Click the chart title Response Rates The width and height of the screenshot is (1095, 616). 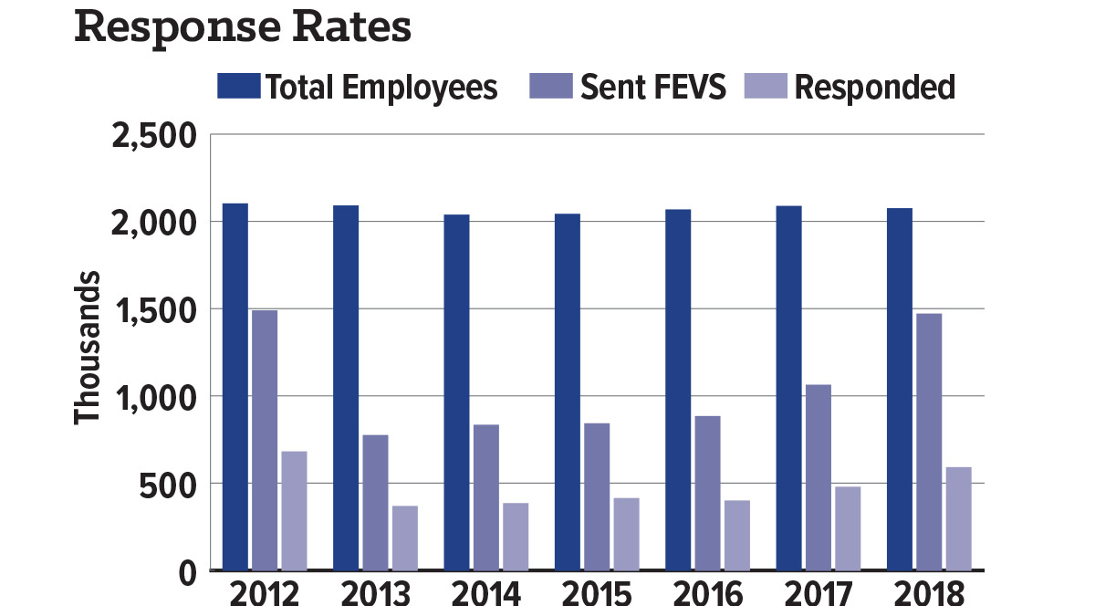click(x=243, y=29)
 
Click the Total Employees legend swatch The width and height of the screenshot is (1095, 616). click(x=238, y=86)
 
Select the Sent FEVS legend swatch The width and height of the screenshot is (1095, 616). click(x=551, y=86)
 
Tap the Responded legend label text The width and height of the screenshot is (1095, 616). click(x=875, y=87)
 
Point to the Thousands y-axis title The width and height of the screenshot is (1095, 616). click(x=87, y=348)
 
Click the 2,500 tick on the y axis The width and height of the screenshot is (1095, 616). click(x=154, y=136)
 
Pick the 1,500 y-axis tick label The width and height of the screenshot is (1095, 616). click(x=155, y=311)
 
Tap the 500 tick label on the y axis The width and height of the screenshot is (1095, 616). click(x=168, y=485)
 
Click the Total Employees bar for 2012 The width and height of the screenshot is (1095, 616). click(x=235, y=387)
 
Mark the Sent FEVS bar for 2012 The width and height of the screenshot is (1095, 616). click(x=265, y=440)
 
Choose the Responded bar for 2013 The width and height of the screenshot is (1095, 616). click(x=405, y=538)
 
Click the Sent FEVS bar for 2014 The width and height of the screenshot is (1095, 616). click(x=486, y=497)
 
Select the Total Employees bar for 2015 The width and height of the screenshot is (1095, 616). click(x=568, y=392)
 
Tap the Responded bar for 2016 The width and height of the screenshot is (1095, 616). click(x=737, y=536)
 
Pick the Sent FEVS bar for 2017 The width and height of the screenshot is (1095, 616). click(x=819, y=477)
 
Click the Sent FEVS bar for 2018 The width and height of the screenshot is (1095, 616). click(x=929, y=442)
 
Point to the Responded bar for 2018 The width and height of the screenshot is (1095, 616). click(x=959, y=518)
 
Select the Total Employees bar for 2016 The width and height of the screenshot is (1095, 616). click(x=679, y=390)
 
